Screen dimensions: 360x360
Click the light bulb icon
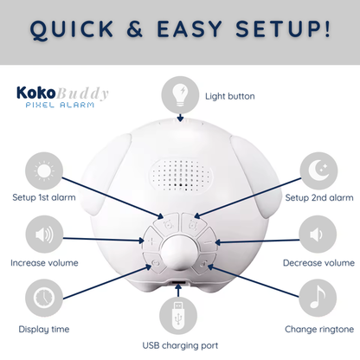tap(180, 95)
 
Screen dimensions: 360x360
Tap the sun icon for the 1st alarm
tap(44, 171)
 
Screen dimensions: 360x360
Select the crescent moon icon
tap(318, 170)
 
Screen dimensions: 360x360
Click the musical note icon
tap(318, 298)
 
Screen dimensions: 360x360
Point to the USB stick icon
tap(178, 316)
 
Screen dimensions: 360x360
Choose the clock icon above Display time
tap(44, 298)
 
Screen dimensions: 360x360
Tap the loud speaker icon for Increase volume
tap(44, 235)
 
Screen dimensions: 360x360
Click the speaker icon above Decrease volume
tap(316, 235)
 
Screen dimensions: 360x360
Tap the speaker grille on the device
tap(181, 175)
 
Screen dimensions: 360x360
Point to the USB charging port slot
tap(178, 282)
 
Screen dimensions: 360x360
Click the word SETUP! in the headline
tap(282, 29)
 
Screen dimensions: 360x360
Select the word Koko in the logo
tap(35, 93)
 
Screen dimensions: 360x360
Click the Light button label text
tap(230, 96)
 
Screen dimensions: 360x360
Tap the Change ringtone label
tap(319, 330)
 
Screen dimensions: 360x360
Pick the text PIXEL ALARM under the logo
tap(60, 105)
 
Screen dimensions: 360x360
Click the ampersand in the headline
tap(134, 29)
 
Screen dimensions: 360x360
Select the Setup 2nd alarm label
tap(319, 197)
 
